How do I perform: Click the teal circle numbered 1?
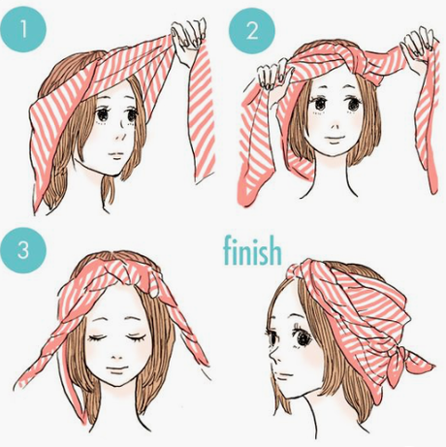click(23, 29)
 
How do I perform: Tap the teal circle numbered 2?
click(252, 31)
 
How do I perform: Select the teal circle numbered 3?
click(23, 250)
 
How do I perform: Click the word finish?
click(252, 250)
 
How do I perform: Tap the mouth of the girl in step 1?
click(115, 154)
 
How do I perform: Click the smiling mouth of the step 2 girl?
click(334, 139)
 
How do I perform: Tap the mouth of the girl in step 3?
click(117, 368)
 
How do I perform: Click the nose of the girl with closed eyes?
click(116, 356)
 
